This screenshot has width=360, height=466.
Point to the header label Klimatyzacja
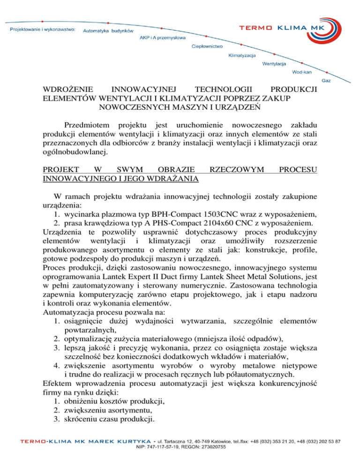click(242, 56)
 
